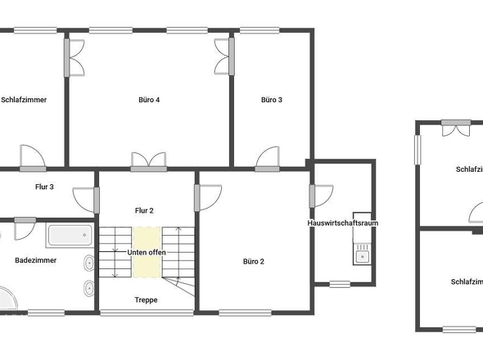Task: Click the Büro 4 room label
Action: click(149, 100)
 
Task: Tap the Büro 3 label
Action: click(272, 100)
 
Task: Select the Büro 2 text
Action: click(253, 262)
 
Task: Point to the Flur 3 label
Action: click(44, 187)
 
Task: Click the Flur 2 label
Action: click(144, 210)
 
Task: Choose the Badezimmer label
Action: click(35, 260)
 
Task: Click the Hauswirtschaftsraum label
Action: click(342, 223)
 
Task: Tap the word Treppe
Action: click(146, 299)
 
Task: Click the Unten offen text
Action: click(147, 252)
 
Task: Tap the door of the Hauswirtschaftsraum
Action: click(320, 196)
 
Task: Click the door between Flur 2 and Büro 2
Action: click(208, 196)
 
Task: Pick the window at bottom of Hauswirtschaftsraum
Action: click(341, 284)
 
